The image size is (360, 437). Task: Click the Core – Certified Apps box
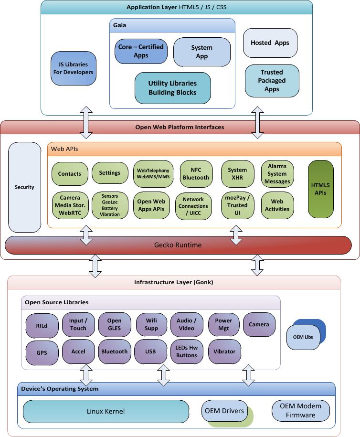(141, 51)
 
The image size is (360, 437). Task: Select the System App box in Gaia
(201, 52)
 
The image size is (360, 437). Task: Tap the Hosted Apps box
(270, 43)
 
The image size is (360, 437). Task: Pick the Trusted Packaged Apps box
(272, 81)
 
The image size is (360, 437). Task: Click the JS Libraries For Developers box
(73, 68)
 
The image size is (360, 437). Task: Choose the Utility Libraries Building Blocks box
(172, 88)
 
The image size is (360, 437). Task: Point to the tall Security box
(24, 187)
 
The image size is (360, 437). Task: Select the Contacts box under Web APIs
(70, 174)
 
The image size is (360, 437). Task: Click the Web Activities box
(277, 205)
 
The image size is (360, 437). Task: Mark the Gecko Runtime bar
(178, 245)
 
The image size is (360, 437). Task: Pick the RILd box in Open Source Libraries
(42, 325)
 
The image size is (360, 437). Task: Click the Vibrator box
(224, 352)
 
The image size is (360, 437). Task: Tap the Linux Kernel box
(106, 411)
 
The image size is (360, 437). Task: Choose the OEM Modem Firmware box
(301, 411)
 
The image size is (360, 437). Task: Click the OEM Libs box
(303, 337)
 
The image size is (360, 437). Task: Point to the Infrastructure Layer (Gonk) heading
(173, 282)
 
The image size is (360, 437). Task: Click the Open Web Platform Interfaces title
(180, 127)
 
